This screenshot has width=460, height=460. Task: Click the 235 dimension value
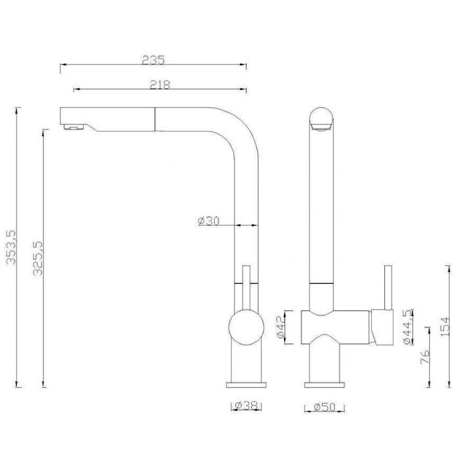pos(153,60)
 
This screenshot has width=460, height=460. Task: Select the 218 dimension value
pos(160,85)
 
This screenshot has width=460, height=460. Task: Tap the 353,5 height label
pos(11,247)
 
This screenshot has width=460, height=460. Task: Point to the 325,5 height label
pos(38,258)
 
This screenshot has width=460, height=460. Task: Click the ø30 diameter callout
pos(208,221)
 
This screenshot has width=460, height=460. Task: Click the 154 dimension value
pos(445,327)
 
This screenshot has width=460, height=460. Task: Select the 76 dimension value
pos(425,356)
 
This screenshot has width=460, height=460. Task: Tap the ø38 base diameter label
pos(246,405)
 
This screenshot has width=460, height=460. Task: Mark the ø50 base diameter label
pos(324,407)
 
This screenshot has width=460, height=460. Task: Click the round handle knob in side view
pos(246,327)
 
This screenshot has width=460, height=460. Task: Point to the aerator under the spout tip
pos(74,127)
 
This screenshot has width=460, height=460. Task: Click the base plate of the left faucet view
pos(246,384)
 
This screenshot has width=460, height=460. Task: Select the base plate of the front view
pos(324,384)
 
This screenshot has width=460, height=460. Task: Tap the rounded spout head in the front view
pos(321,120)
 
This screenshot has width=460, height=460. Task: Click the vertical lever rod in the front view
pos(388,288)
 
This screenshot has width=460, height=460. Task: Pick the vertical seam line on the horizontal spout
pos(154,120)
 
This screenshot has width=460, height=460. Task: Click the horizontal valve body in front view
pos(335,327)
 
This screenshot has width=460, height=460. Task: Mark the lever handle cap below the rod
pos(381,327)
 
